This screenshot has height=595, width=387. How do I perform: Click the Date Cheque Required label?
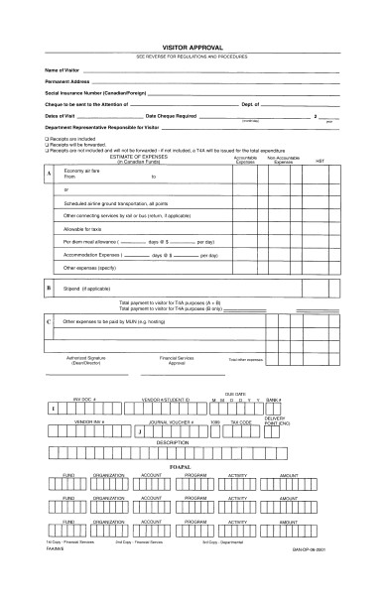coord(173,115)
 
